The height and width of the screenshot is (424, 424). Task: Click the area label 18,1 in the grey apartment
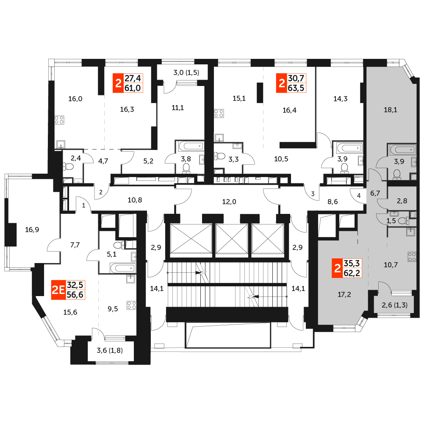[x=391, y=110]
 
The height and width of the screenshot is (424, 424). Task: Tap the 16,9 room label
[x=32, y=230]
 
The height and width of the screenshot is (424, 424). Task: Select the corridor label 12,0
[x=229, y=202]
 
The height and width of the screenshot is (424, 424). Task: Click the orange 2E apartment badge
[x=58, y=290]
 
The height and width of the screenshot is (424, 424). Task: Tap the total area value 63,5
[x=296, y=88]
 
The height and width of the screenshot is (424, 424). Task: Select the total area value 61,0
[x=133, y=88]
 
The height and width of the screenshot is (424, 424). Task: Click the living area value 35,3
[x=352, y=263]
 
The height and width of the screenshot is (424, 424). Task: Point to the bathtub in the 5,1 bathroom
[x=122, y=268]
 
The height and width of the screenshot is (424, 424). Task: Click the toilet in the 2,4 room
[x=69, y=166]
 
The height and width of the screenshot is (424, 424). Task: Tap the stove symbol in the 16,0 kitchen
[x=59, y=120]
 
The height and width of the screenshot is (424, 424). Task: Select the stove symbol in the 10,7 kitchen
[x=412, y=257]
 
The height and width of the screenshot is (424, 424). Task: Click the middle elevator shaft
[x=232, y=239]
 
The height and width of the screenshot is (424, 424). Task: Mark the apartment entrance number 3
[x=313, y=194]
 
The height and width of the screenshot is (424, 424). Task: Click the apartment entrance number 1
[x=83, y=205]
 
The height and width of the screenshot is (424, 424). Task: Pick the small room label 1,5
[x=391, y=221]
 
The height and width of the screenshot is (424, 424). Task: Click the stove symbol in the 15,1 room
[x=219, y=114]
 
